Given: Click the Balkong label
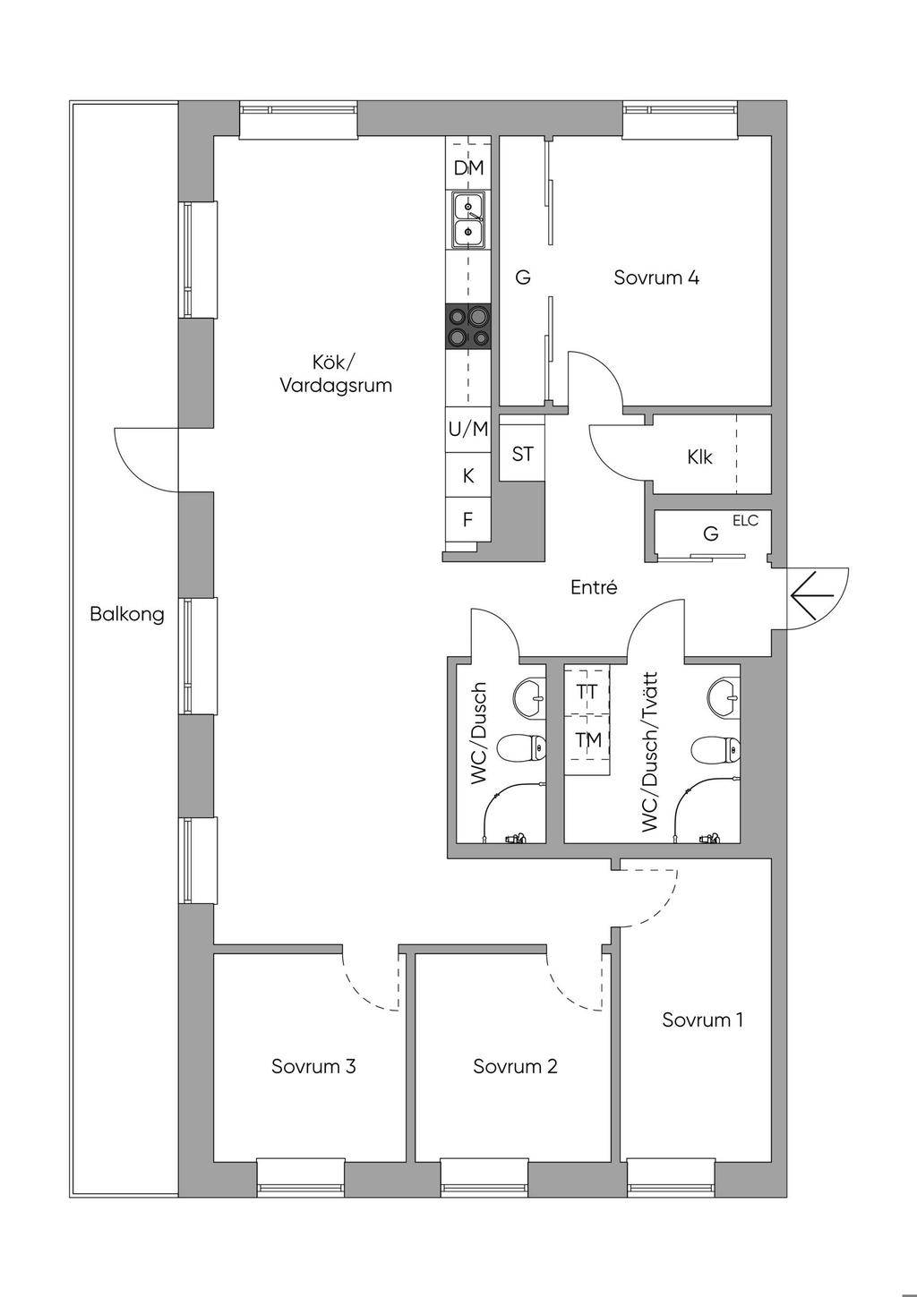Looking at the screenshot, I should (x=126, y=615).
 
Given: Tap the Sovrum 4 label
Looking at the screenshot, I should (x=656, y=277).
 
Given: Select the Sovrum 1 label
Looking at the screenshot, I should (x=702, y=1020).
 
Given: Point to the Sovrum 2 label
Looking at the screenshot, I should (x=515, y=1066).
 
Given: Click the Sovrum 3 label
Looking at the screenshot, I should (x=313, y=1066).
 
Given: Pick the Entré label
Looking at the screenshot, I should (x=595, y=588).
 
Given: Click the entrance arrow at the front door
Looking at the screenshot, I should (x=812, y=595).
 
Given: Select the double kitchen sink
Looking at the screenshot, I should (x=468, y=219).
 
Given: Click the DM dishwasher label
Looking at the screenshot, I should (x=468, y=167).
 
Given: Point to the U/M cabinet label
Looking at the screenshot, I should (x=468, y=429).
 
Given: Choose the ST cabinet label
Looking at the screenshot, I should (x=523, y=454).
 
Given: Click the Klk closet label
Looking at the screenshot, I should (x=700, y=457).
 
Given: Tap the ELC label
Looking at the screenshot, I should (x=745, y=520).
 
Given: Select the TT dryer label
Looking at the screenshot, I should (x=587, y=692).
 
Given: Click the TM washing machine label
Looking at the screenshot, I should (x=587, y=739).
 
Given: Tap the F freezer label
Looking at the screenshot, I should (x=467, y=519).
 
